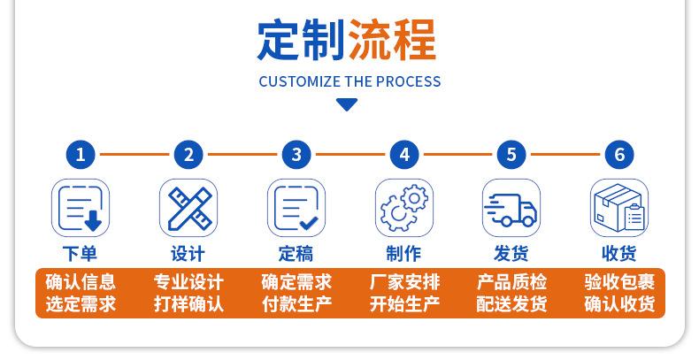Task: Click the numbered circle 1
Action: (81, 155)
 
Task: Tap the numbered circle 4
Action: (404, 155)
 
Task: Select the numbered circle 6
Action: (619, 155)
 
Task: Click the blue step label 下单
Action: (81, 254)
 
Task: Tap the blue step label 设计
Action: (188, 254)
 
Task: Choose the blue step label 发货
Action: (511, 254)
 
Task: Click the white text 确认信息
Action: (81, 282)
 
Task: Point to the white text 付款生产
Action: (296, 304)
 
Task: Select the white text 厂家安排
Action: (404, 282)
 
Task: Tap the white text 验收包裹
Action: (619, 282)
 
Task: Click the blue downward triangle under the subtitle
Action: (347, 105)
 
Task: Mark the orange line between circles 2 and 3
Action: (242, 155)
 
